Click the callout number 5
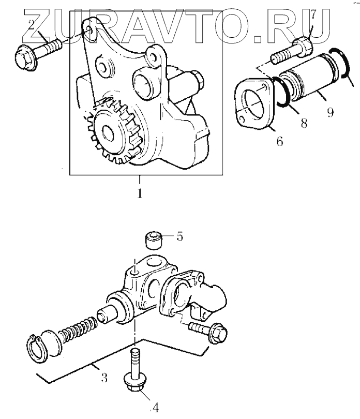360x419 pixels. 179,237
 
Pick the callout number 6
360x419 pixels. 279,141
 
